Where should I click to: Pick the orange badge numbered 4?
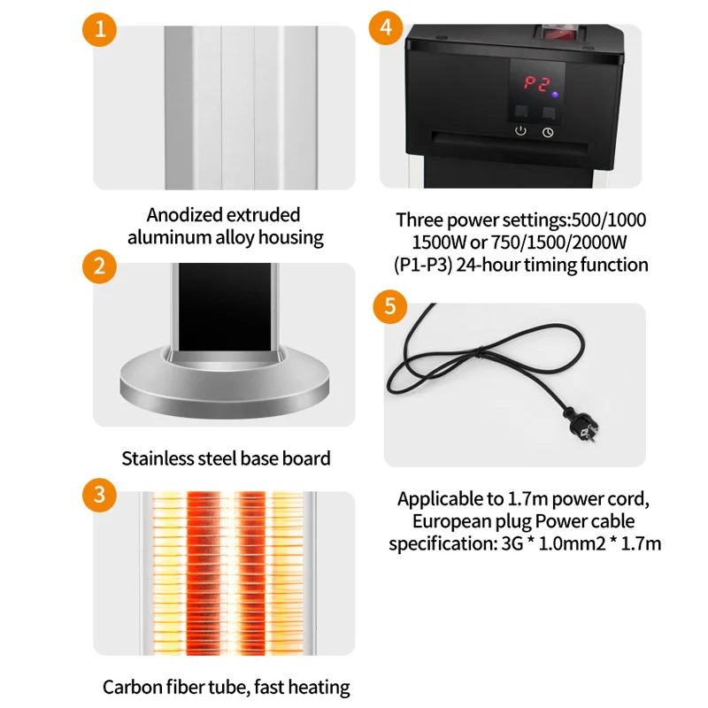point(385,27)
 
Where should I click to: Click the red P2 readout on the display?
point(535,84)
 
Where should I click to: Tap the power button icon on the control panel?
point(520,132)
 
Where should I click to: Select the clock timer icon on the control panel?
point(549,133)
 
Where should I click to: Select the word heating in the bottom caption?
point(318,687)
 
